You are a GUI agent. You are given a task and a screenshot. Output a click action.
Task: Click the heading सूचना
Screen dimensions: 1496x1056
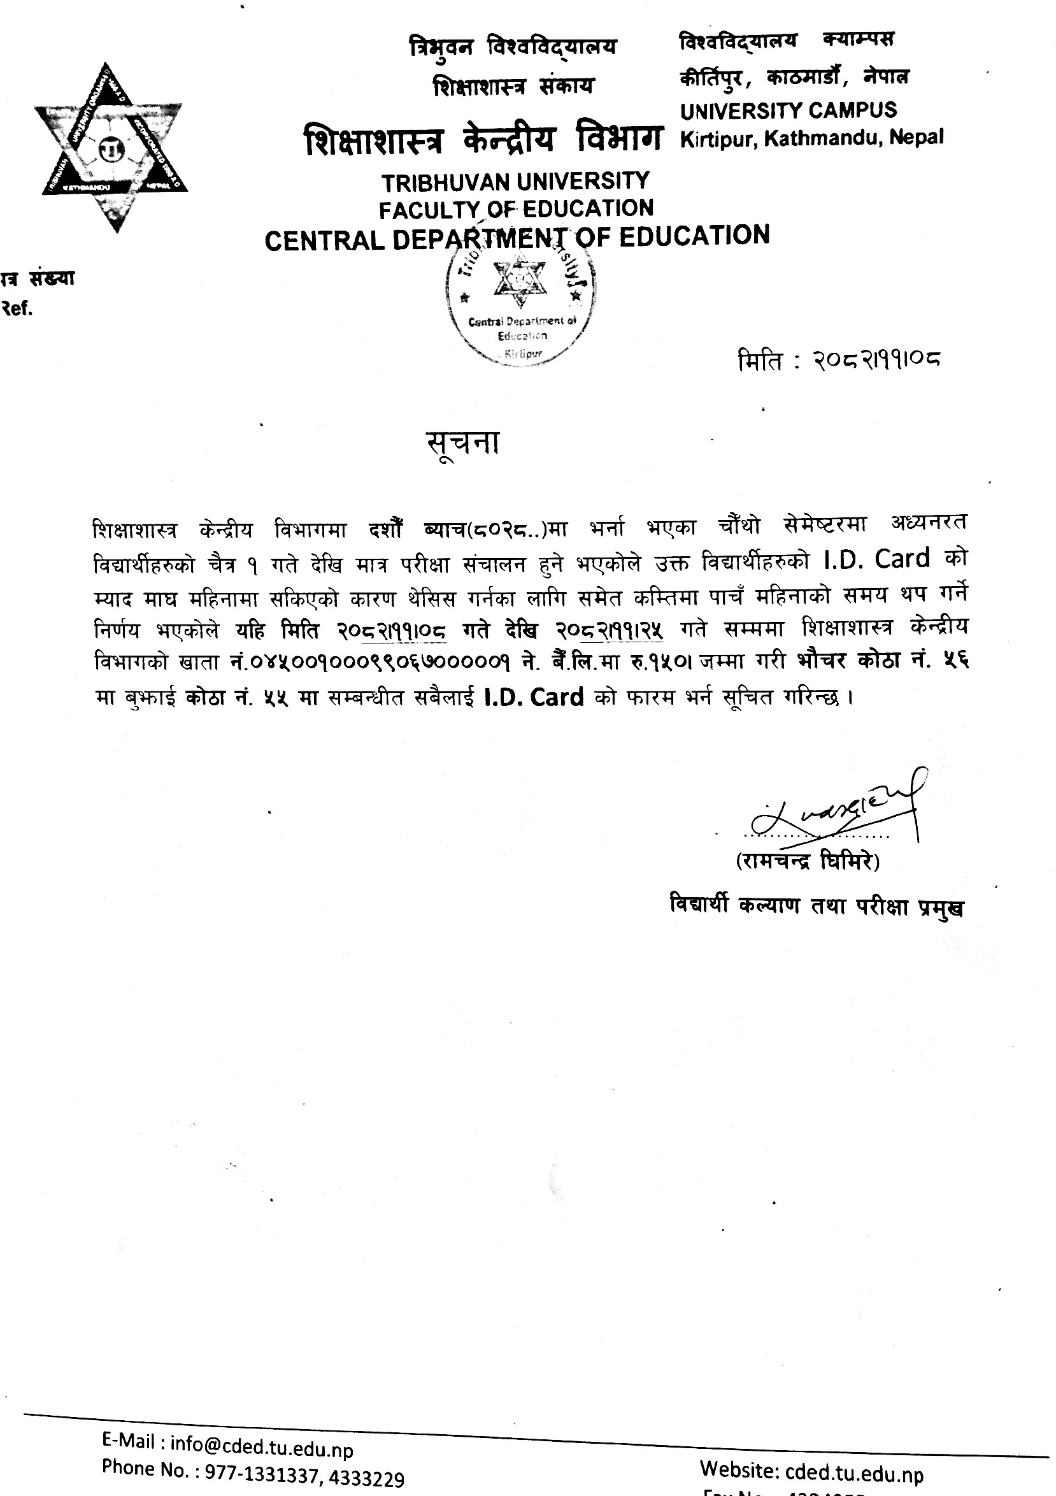coord(463,443)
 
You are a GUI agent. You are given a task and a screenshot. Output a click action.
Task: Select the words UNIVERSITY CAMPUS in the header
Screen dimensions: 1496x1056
coord(788,110)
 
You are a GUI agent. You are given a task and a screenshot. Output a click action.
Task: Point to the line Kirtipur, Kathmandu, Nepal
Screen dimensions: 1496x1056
coord(811,138)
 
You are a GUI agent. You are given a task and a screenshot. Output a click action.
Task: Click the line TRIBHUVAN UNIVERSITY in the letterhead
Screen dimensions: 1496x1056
coord(515,181)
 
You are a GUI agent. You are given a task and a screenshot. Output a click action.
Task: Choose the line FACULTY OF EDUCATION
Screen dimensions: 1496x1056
coord(516,208)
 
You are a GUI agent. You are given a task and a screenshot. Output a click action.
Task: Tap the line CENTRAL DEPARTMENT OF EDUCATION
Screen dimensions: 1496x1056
coord(517,237)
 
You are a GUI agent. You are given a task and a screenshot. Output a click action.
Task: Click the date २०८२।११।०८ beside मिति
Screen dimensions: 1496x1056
coord(876,359)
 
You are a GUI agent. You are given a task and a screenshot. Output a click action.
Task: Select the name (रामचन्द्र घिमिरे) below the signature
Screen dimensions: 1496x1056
coord(808,861)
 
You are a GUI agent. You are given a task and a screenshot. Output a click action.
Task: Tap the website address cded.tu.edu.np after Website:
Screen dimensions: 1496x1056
coord(853,1474)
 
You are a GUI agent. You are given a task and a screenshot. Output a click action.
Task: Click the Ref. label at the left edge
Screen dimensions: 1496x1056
coord(18,308)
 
